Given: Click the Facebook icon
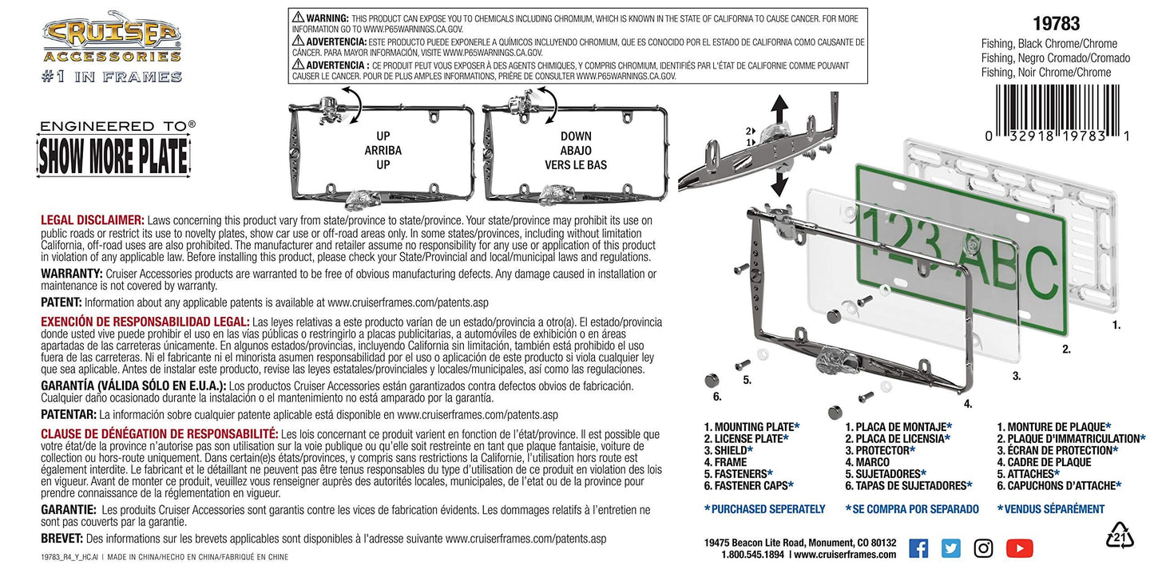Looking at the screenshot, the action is [918, 548].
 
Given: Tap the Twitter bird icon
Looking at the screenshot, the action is [951, 548].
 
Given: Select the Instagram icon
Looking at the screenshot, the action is [983, 548].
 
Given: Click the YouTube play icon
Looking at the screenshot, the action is [1020, 548].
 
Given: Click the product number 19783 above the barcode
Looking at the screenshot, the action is [1056, 24].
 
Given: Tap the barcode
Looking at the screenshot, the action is [1057, 113].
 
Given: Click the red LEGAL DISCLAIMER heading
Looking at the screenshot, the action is [93, 220].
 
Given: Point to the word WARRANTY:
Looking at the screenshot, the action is [72, 274].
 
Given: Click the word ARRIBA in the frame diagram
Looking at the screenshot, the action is [383, 151].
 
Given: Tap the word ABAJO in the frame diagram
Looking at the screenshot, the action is [576, 151].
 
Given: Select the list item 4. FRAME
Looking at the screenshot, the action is [725, 462].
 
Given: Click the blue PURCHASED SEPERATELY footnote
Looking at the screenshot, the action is [764, 509].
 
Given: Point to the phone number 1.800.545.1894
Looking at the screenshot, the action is [752, 555].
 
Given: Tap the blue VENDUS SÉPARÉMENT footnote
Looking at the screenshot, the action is [1051, 509].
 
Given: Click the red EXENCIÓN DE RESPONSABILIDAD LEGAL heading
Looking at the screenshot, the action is [145, 322].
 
